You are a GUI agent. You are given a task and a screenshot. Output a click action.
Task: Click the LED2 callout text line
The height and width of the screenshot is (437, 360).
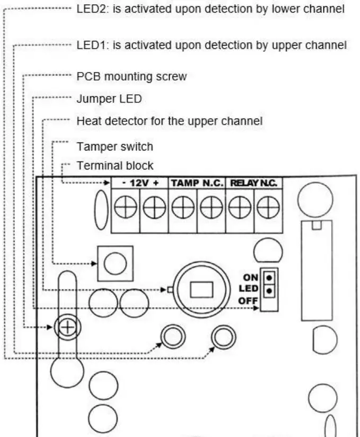pos(210,9)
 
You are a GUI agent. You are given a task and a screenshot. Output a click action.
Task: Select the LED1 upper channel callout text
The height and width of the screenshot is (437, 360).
pos(212,45)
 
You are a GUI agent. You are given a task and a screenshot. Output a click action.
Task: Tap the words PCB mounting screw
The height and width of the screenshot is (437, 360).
pos(131,76)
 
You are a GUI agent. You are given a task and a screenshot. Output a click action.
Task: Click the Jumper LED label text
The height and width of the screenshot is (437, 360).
pos(109,99)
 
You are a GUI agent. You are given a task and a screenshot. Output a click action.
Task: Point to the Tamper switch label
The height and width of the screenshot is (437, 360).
pos(115,146)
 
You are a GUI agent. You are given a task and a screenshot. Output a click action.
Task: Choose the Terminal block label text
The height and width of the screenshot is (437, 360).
pos(115,166)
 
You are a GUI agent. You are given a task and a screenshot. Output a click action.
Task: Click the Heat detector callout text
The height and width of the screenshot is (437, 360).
pos(169,121)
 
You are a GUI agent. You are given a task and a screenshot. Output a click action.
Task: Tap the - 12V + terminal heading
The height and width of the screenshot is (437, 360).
pos(140,183)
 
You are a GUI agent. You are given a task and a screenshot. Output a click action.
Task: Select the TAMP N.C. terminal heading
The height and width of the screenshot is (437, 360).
pos(197,183)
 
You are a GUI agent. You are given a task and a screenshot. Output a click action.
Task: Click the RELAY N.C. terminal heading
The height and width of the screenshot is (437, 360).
pos(253,183)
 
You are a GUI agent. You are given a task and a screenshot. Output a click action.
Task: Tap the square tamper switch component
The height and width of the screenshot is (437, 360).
pos(115,263)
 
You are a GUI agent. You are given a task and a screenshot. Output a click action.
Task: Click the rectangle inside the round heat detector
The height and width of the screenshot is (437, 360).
pos(201,289)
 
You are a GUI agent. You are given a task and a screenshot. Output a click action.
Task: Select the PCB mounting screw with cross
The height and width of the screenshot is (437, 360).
pos(67,328)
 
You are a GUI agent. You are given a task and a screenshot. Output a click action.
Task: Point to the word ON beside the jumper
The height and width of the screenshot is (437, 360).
pos(251,278)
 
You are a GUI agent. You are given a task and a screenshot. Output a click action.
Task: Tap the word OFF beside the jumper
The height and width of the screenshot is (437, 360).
pos(248,301)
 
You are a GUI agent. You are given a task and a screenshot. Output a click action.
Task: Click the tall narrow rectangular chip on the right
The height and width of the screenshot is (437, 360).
pos(317,270)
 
